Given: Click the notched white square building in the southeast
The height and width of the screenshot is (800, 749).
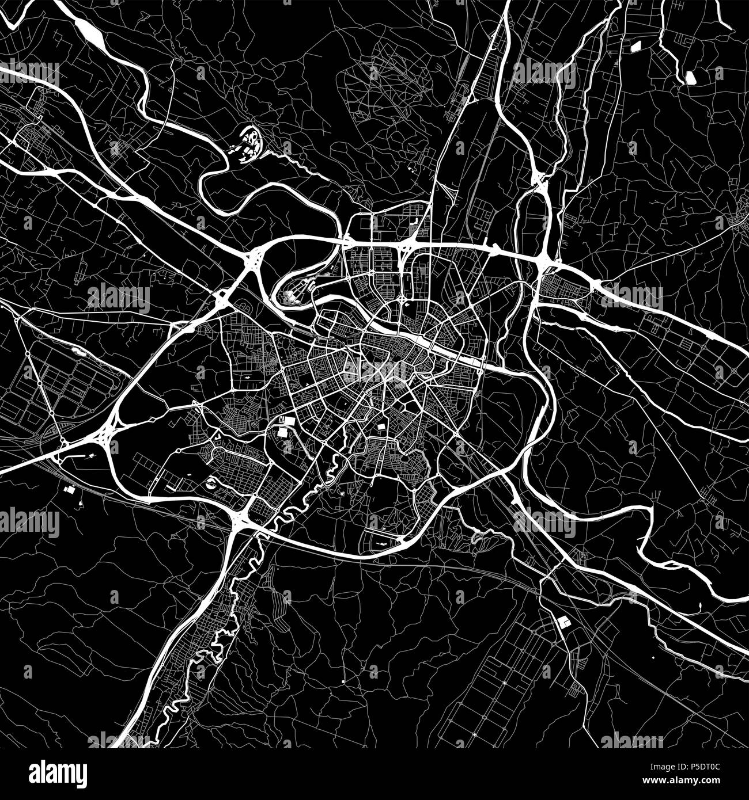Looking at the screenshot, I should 562,622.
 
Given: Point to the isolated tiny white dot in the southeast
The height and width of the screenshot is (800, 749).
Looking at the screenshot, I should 655,657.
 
